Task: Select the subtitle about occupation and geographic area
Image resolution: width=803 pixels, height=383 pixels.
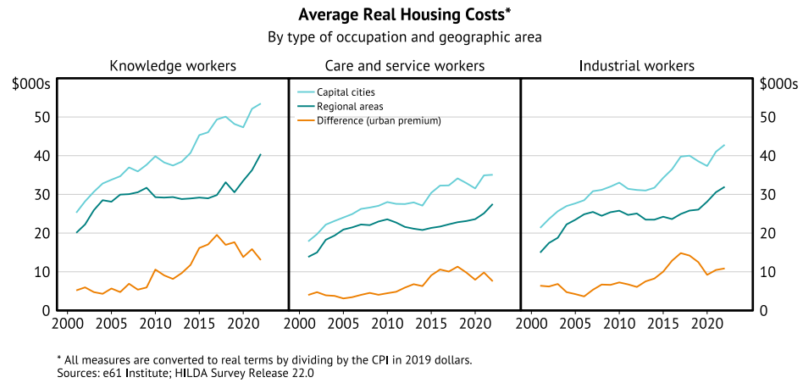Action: point(405,37)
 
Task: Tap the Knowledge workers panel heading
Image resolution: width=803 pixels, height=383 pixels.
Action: point(173,65)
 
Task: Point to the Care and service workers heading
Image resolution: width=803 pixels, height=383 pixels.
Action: point(405,65)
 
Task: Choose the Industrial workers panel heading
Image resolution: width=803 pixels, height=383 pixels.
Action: point(636,65)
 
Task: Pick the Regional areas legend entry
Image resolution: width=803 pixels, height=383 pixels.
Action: point(350,107)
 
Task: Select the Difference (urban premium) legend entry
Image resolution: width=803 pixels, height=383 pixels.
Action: point(379,120)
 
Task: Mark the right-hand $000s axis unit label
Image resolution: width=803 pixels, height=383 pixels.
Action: point(778,84)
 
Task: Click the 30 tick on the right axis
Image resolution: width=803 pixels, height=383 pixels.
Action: point(767,195)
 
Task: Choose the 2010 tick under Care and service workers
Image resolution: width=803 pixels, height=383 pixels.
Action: point(387,324)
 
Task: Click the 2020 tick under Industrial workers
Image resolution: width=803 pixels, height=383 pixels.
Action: point(707,324)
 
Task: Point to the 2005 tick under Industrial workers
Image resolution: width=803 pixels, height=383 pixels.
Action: point(575,324)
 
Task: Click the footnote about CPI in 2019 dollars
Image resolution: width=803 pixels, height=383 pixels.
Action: point(264,359)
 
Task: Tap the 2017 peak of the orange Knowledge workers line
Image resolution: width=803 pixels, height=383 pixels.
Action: point(217,235)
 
